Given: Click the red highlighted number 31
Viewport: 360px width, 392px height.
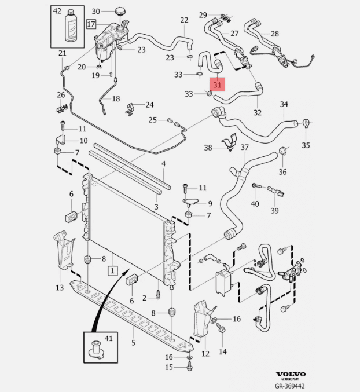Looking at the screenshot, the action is [218, 85].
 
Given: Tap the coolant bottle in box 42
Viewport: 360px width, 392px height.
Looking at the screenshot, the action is [71, 25].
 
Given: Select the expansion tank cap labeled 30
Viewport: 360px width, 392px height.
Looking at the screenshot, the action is [120, 12].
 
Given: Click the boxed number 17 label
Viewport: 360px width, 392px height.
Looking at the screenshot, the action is [91, 24].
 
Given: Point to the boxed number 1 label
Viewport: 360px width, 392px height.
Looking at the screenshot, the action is [112, 270].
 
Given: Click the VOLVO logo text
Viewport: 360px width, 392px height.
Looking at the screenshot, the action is [291, 374].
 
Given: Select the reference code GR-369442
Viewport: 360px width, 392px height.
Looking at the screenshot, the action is [290, 386].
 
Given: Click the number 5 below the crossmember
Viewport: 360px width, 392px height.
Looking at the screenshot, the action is [133, 343].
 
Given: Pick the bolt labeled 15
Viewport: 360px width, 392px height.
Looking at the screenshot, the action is [190, 367].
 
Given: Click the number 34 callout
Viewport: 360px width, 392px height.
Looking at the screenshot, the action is [284, 104].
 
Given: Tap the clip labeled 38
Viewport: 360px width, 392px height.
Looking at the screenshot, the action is [229, 142].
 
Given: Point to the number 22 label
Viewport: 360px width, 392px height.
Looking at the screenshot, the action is [184, 20].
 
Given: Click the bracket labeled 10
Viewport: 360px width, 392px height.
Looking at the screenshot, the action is [61, 140].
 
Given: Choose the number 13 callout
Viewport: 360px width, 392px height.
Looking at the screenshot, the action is [60, 288].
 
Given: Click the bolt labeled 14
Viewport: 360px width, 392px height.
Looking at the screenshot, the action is [221, 328].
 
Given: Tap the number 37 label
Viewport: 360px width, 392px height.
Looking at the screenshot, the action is [245, 147].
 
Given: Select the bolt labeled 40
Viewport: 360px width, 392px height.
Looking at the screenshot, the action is [256, 186].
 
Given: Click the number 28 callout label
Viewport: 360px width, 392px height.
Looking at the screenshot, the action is [274, 34].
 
